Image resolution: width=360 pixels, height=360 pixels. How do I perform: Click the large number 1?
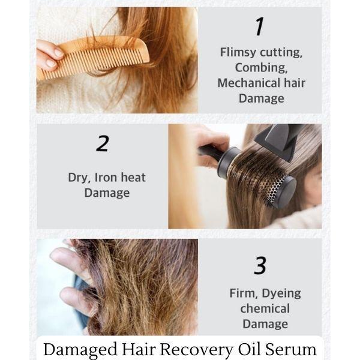[x=259, y=26]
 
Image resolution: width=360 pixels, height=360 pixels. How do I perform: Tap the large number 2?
[x=103, y=143]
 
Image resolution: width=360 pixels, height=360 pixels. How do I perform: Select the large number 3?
[x=260, y=265]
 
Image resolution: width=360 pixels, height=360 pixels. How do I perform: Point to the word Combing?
[x=261, y=68]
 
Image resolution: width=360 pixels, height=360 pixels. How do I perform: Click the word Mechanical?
[x=248, y=83]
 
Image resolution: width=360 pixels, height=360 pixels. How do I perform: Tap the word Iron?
[x=106, y=178]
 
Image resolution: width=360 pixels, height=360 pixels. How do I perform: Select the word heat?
[x=133, y=178]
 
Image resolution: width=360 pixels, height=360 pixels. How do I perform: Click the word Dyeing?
[x=281, y=294]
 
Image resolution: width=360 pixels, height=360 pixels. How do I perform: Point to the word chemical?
[x=265, y=308]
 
